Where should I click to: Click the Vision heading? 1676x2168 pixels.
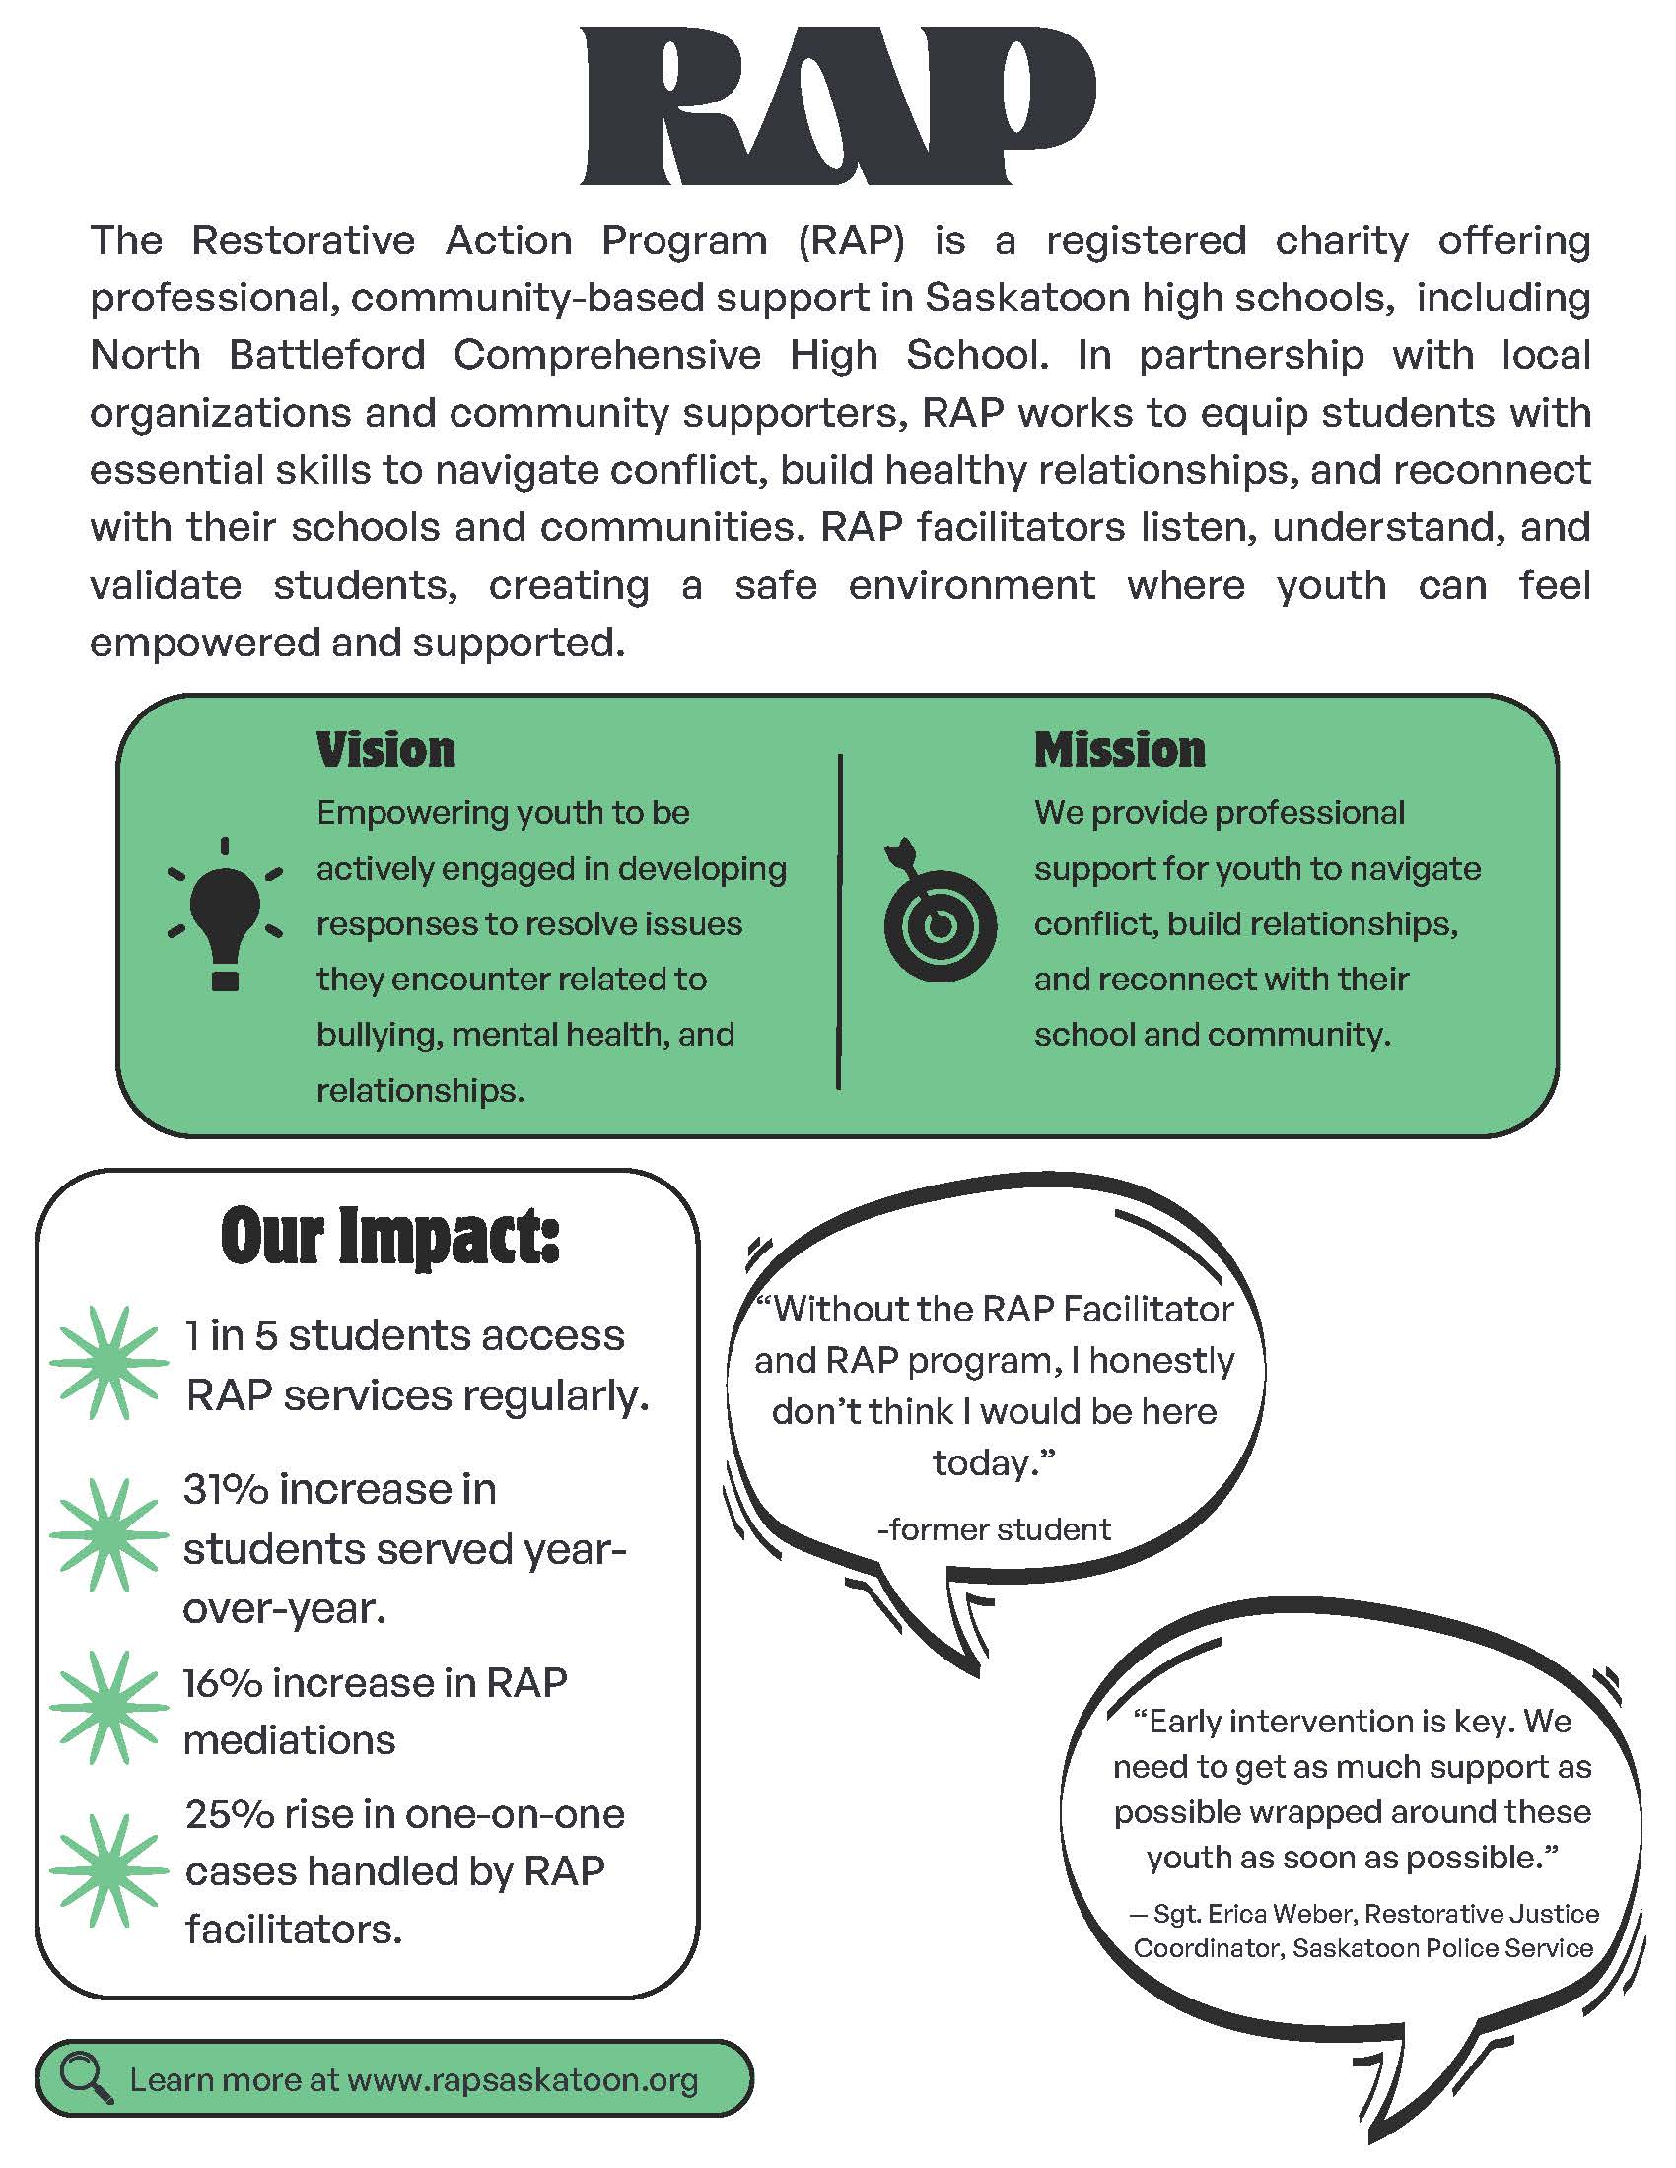click(385, 750)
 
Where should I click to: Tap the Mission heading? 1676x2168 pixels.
click(1119, 750)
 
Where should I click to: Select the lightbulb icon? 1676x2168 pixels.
click(226, 915)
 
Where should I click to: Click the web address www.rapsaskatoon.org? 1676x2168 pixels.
click(523, 2079)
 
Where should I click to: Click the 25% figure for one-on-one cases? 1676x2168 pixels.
click(229, 1814)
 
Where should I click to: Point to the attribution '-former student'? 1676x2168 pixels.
click(993, 1529)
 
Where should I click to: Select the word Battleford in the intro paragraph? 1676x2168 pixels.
click(326, 356)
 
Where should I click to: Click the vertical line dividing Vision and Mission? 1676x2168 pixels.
click(839, 921)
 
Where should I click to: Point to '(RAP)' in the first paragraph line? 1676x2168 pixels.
click(851, 241)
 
